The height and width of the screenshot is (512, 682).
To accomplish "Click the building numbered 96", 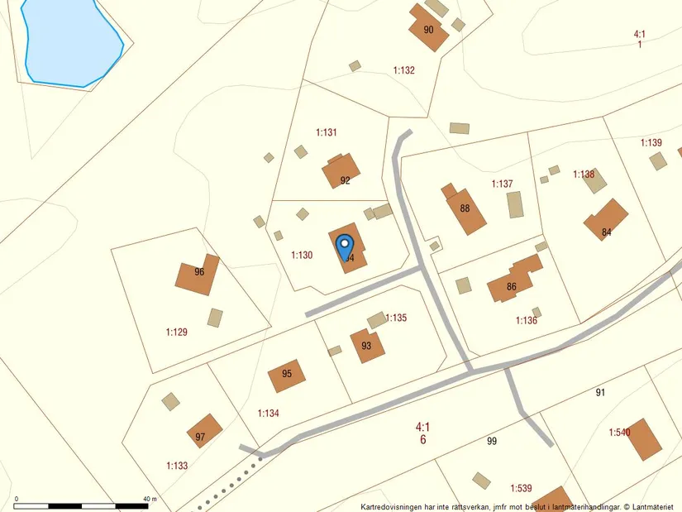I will [198, 275].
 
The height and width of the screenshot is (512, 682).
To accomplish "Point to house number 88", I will [465, 210].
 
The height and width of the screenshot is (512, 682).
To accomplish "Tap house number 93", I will [367, 346].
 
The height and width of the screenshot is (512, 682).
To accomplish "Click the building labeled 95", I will [287, 375].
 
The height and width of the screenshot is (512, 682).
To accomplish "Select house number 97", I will [203, 432].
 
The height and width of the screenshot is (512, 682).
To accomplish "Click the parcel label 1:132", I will [403, 70].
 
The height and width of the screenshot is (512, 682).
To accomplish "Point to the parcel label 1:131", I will [327, 132].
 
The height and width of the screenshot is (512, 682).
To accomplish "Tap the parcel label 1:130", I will [302, 256].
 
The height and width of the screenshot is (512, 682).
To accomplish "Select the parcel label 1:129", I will [177, 333].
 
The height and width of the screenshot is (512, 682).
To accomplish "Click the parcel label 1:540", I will [619, 433].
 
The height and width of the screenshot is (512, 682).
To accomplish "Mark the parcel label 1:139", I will [651, 143].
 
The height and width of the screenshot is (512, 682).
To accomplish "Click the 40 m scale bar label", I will [150, 499].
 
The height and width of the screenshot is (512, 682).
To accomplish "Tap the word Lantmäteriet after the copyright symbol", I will [655, 506].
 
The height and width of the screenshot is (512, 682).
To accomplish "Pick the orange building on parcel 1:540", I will [645, 439].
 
